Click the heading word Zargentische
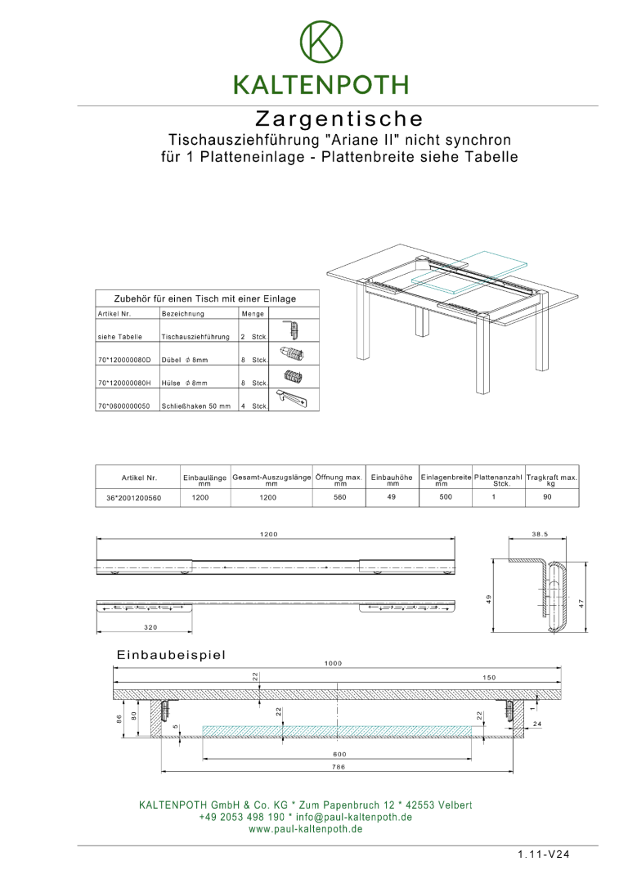[339, 119]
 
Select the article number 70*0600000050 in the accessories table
[123, 405]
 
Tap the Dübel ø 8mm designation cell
[185, 359]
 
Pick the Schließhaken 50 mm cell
[196, 405]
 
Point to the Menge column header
[252, 313]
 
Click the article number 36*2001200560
[134, 497]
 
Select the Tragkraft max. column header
[551, 479]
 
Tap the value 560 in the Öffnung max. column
[340, 497]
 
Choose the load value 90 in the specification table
[548, 497]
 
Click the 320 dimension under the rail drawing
[150, 627]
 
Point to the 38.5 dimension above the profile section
[540, 534]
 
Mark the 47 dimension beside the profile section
[581, 603]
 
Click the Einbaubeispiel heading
[171, 655]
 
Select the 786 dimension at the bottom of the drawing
[339, 767]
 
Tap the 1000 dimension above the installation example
[333, 663]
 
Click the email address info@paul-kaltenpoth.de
[353, 817]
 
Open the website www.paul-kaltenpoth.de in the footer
[306, 828]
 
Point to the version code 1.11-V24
[543, 854]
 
